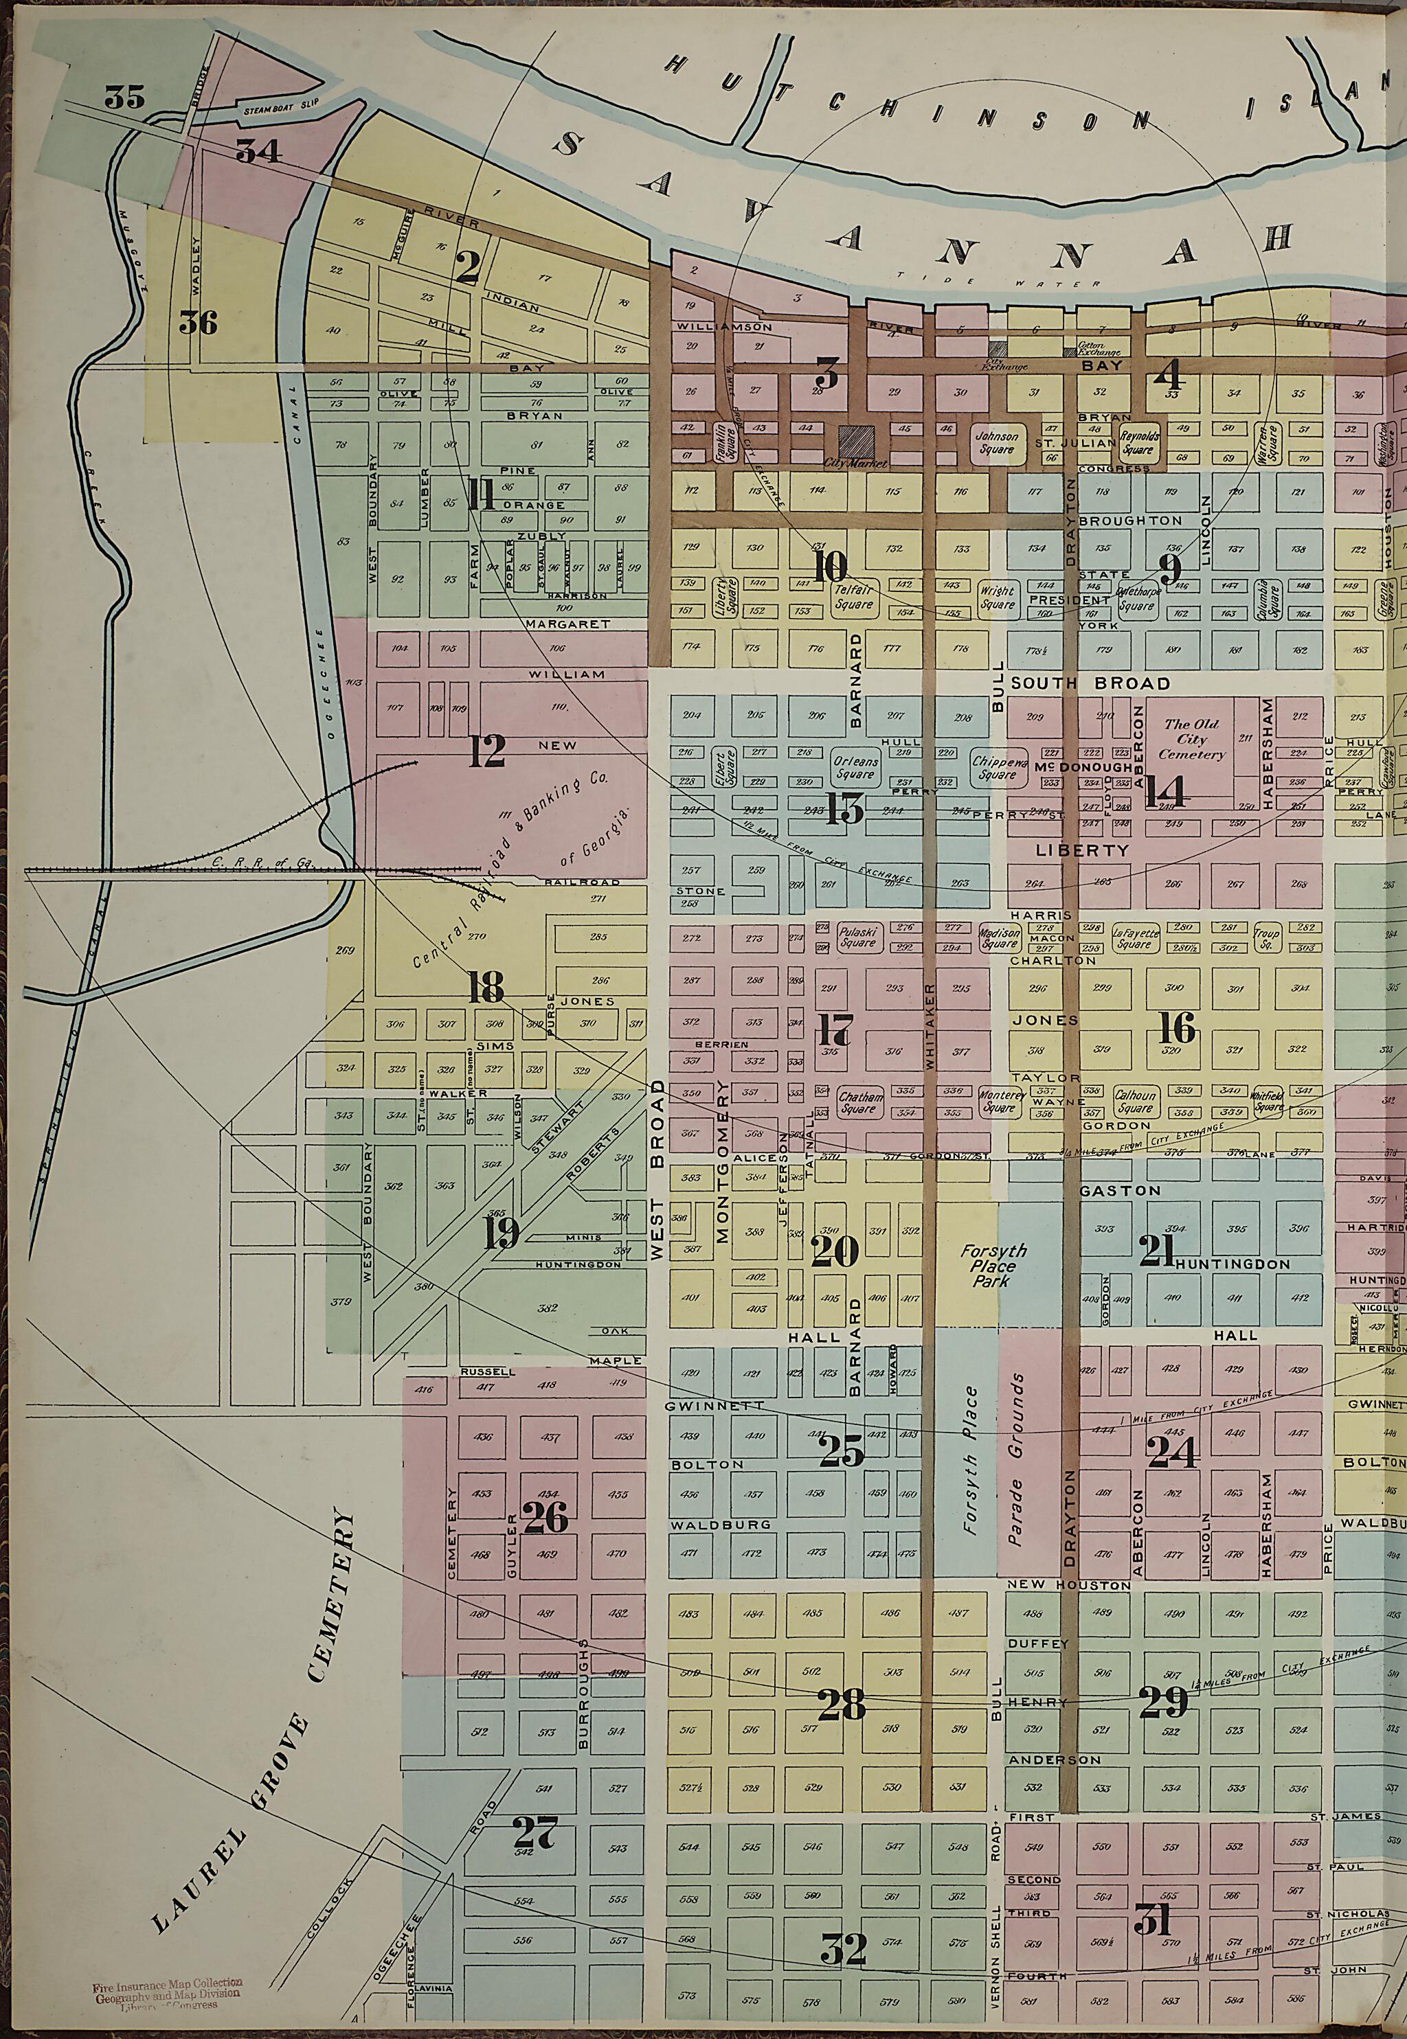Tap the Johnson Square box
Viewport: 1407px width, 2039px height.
(997, 442)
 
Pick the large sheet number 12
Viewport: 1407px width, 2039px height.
(486, 750)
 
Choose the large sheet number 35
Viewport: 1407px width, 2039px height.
(124, 97)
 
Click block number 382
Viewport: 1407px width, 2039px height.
(548, 1308)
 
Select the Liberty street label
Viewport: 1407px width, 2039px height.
(1081, 850)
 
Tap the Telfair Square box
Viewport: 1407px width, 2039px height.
(853, 598)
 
